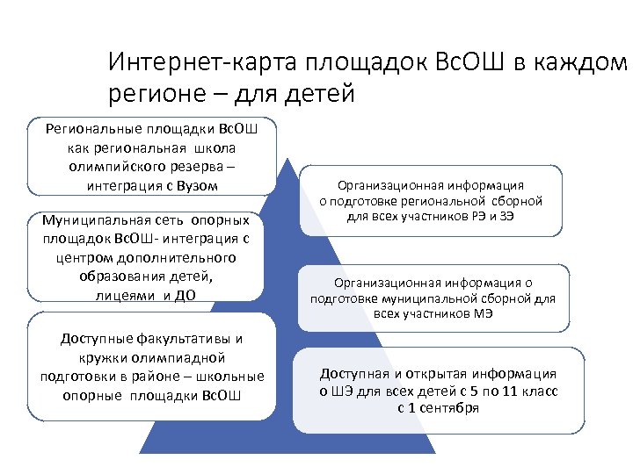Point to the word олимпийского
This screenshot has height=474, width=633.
(112, 166)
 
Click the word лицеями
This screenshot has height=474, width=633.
(126, 295)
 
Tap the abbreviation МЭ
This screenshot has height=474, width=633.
(482, 313)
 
